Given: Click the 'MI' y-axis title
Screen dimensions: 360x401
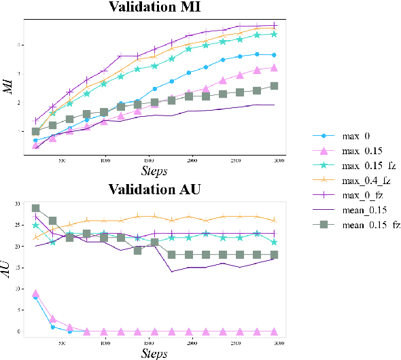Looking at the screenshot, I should click(x=10, y=86).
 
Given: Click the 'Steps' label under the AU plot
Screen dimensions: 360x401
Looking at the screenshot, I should click(x=155, y=353).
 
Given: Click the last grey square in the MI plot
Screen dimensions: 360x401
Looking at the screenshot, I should click(x=274, y=86).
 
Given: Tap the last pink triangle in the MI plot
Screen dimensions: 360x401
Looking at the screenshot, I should click(x=274, y=68).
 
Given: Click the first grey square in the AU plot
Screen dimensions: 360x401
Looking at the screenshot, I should click(x=36, y=209).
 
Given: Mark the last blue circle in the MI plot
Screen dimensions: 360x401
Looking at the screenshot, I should click(x=274, y=55).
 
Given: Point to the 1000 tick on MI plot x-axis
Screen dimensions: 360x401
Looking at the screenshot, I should click(x=105, y=161).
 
